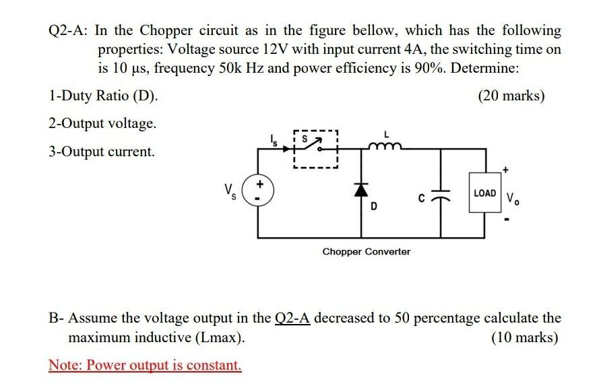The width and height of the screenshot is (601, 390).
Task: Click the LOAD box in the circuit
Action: click(485, 193)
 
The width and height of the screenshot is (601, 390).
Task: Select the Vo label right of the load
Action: click(513, 199)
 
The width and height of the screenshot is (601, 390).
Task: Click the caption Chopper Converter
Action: click(366, 251)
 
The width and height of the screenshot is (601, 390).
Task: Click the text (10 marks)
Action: click(524, 337)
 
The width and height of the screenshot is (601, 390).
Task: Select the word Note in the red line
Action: click(63, 366)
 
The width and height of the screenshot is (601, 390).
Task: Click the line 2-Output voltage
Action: click(102, 124)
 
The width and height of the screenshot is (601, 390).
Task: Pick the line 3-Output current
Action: click(102, 152)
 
